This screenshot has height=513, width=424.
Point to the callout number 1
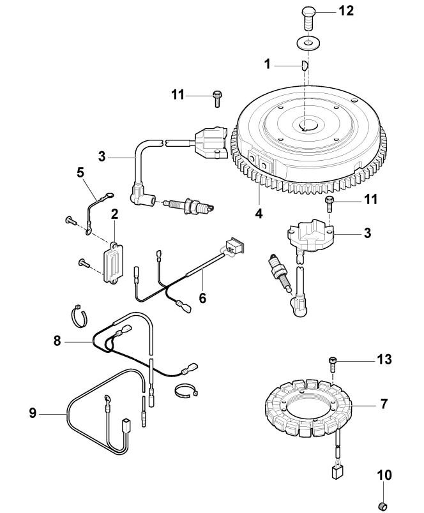tap(268, 64)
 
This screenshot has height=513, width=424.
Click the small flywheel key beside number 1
tap(305, 64)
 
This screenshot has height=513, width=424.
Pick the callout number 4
tap(259, 214)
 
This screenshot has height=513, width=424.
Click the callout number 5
tap(80, 172)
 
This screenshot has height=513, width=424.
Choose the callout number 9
tap(32, 413)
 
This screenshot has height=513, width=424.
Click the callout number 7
tap(383, 404)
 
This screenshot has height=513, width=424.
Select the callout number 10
tap(388, 475)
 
